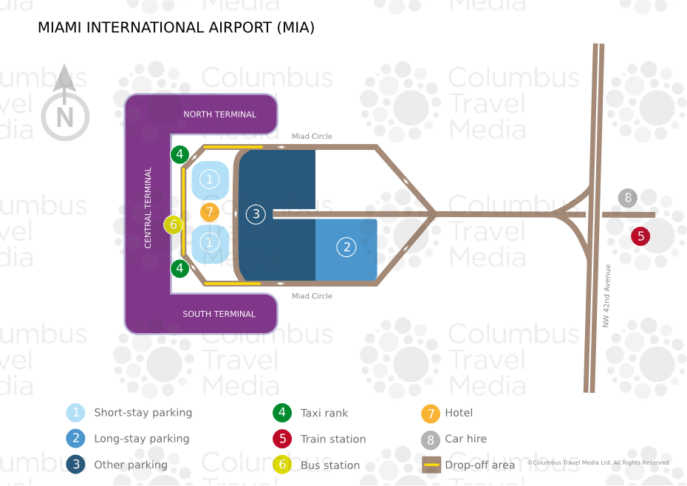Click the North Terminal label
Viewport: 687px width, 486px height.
[219, 114]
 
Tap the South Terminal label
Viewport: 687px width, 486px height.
[219, 314]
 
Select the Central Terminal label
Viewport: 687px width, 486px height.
[148, 208]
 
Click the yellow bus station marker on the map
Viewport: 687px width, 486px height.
[174, 225]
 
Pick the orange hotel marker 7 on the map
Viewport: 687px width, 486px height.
[210, 212]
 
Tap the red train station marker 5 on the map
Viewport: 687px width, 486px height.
[640, 236]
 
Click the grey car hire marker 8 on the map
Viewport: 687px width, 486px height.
[628, 198]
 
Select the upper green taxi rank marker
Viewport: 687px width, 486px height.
[180, 154]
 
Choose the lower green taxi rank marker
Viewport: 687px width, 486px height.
[180, 268]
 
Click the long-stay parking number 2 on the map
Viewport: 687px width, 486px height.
[346, 247]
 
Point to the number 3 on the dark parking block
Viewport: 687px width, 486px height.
[256, 214]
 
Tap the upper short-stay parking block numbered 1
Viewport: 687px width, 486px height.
[210, 179]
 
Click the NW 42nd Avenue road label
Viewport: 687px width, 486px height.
[606, 295]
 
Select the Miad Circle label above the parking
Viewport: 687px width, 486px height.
[312, 137]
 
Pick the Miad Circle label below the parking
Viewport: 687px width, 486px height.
[312, 296]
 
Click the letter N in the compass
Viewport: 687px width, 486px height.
[65, 117]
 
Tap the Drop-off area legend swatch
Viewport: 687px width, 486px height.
[431, 465]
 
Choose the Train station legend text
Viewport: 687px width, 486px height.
[333, 439]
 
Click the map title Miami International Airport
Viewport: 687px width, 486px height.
[176, 27]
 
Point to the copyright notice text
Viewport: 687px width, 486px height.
[598, 462]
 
